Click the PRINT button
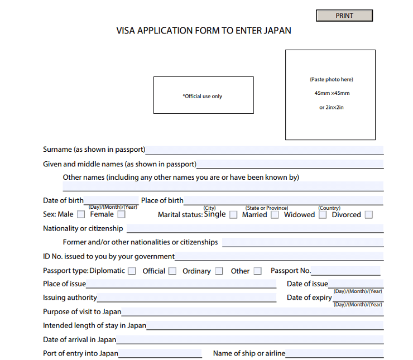tap(344, 16)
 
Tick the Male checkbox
tap(81, 214)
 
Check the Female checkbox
tap(121, 214)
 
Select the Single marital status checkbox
tap(233, 214)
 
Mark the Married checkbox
tap(275, 215)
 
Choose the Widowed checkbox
tap(323, 215)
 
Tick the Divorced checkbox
tap(368, 215)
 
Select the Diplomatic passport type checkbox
tap(132, 271)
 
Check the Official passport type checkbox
tap(172, 271)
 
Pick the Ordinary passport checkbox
tap(219, 271)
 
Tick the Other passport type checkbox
tap(257, 271)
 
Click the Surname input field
tap(264, 150)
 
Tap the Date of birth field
tap(111, 200)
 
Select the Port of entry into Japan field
tap(160, 353)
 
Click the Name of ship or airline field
tap(334, 353)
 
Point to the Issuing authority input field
tap(186, 297)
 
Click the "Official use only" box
tap(203, 95)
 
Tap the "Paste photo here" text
tap(332, 79)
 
